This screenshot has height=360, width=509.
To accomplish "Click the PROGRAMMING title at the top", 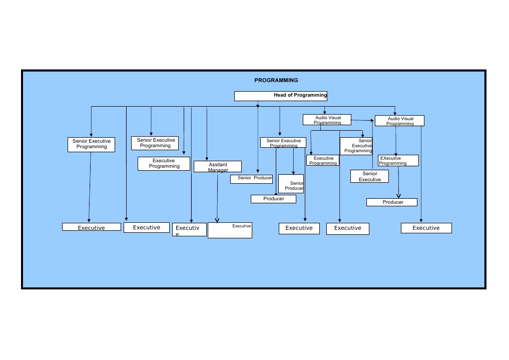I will click(x=276, y=80).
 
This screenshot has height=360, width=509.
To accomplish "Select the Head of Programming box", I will click(x=281, y=96).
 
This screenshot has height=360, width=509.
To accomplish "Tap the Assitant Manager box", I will click(x=218, y=167).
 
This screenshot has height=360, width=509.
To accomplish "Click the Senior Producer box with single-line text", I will click(x=251, y=179).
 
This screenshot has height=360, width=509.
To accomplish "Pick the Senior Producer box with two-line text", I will click(x=291, y=184).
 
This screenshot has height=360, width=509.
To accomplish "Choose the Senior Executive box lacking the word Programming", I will click(x=369, y=176).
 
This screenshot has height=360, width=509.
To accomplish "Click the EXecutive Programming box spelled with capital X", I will click(x=398, y=161).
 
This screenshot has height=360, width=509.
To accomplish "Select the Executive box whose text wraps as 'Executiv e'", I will click(x=189, y=230).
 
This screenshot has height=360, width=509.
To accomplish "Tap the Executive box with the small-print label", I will click(x=230, y=230).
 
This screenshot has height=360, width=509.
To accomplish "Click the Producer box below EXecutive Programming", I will click(x=392, y=202).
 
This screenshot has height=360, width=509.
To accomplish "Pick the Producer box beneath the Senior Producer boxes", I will click(x=273, y=199).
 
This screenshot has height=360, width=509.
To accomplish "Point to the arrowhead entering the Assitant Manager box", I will click(x=207, y=159).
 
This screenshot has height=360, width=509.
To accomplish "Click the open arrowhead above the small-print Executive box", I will click(x=217, y=220).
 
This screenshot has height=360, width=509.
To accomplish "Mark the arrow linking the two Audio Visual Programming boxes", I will click(x=363, y=120).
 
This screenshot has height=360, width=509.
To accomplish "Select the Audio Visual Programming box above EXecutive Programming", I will click(x=399, y=121).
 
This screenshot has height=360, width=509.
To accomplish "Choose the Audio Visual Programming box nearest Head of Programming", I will click(x=327, y=120).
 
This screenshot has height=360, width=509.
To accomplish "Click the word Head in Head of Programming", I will click(x=279, y=95).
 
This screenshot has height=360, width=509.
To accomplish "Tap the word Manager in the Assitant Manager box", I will click(x=218, y=170).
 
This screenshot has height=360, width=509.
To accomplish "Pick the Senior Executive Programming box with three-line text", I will click(x=356, y=146).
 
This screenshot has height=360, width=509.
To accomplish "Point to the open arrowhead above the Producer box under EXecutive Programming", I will click(x=398, y=195).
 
